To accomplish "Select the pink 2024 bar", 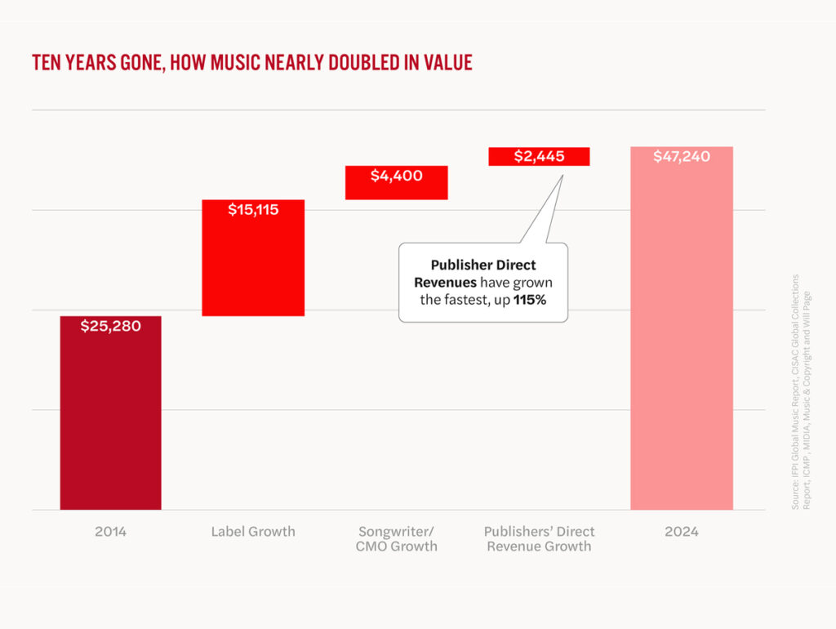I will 682,343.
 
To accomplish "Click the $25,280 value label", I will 110,326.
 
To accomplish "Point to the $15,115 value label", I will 253,210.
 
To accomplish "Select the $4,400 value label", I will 397,176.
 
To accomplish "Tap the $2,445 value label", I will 539,156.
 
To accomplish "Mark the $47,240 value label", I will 682,157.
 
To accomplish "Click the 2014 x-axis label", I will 110,532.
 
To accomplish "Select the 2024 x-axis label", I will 682,532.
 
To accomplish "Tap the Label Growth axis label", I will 253,532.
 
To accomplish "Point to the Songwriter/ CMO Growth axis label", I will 397,539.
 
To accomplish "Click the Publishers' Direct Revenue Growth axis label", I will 539,539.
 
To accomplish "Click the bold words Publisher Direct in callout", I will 483,266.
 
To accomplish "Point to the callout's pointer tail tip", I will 563,174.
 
